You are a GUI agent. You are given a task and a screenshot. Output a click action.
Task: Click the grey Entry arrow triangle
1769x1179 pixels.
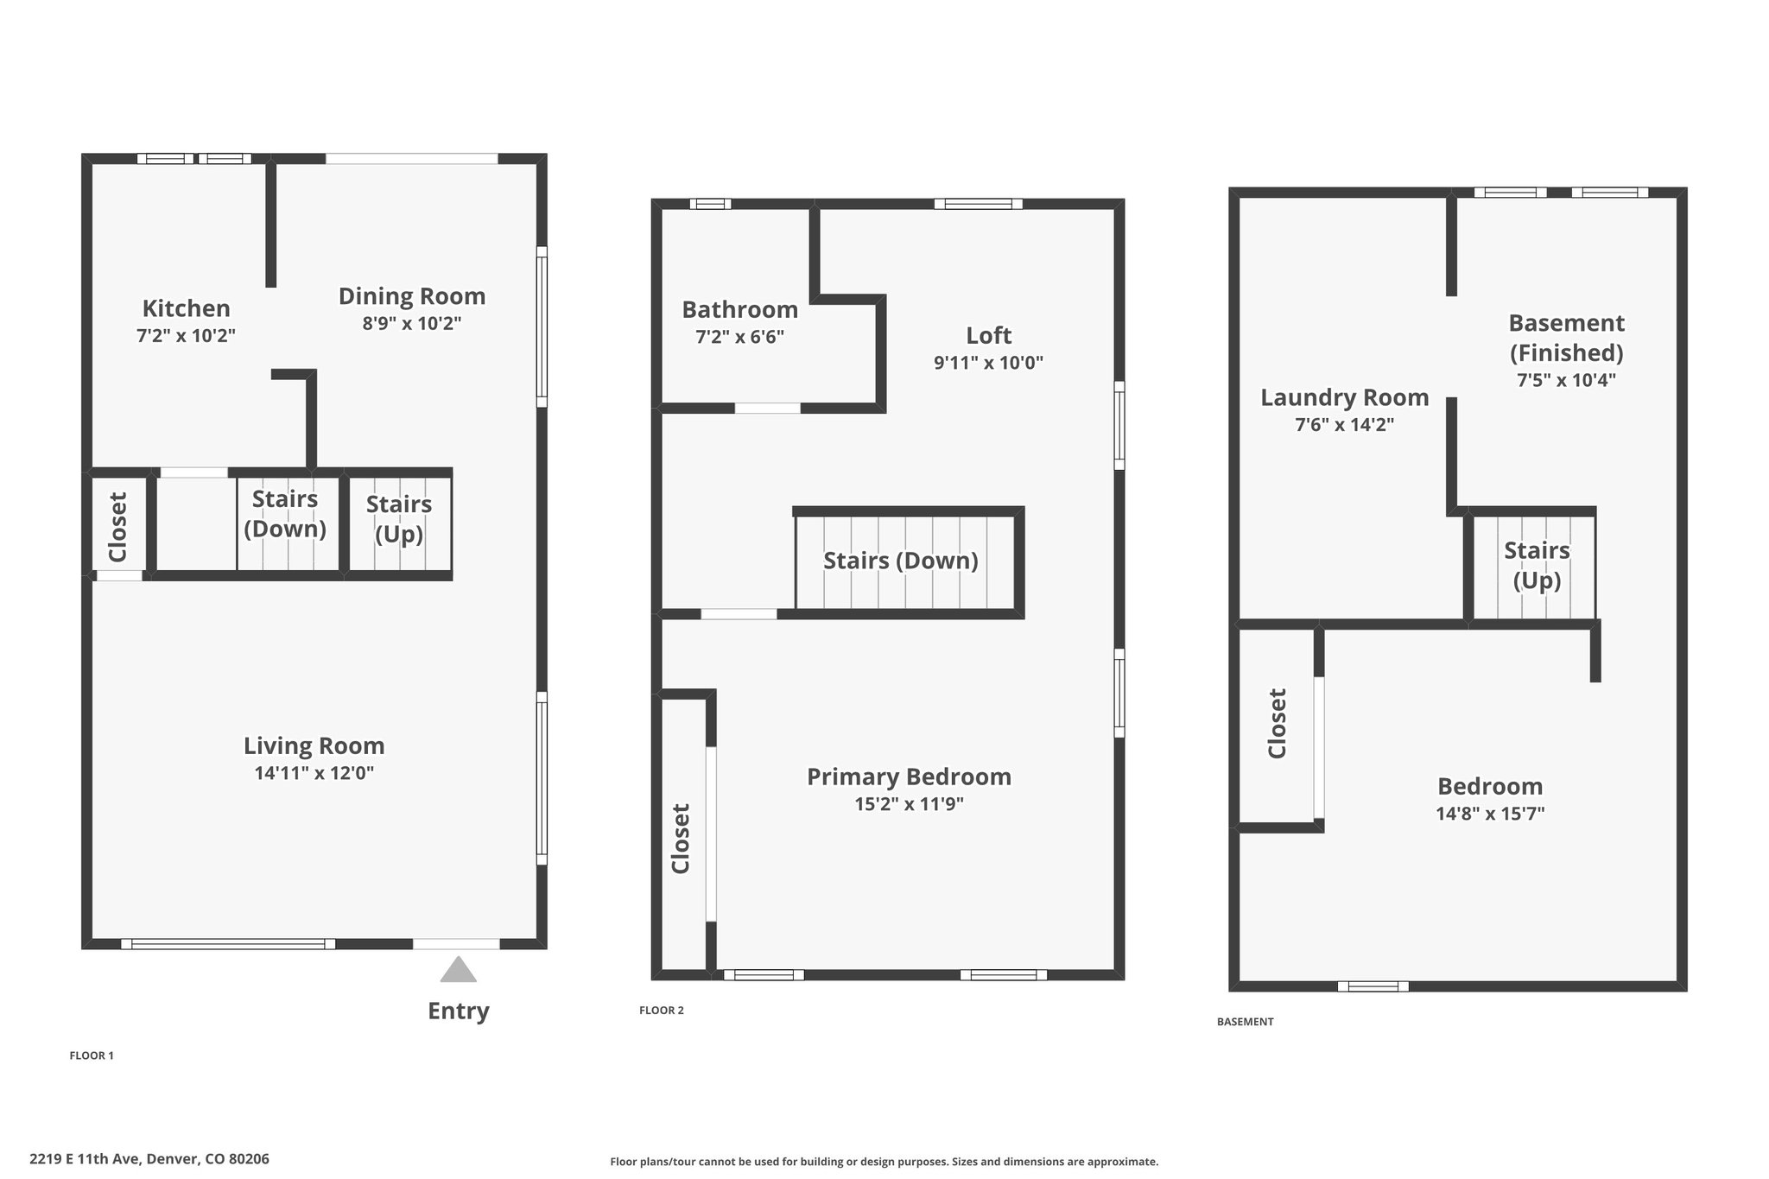(458, 970)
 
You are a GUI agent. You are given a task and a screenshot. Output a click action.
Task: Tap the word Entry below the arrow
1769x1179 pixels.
(459, 1011)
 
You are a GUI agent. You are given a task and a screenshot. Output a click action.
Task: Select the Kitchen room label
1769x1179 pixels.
(187, 308)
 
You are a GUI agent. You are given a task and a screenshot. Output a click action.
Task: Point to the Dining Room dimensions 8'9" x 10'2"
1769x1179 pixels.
(412, 324)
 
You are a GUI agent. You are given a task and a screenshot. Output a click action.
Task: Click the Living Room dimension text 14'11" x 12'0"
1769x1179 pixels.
(314, 773)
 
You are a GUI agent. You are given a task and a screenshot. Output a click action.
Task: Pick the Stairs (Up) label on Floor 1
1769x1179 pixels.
(399, 519)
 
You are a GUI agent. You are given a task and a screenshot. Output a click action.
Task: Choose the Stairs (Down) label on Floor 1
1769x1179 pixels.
(285, 514)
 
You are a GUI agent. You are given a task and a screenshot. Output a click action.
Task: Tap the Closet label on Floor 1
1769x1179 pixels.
(118, 527)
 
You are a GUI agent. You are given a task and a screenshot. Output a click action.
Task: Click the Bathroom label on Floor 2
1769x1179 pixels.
(740, 309)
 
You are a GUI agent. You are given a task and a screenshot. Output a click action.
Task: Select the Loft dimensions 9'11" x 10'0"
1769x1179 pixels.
(989, 363)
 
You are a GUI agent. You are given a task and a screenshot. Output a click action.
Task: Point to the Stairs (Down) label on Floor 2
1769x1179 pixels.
(901, 561)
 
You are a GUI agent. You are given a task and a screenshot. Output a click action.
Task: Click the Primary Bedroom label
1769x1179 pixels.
(910, 777)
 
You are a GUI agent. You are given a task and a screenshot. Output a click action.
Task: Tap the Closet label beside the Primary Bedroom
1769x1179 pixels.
(682, 839)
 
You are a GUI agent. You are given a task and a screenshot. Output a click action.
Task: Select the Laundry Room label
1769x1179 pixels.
(1345, 398)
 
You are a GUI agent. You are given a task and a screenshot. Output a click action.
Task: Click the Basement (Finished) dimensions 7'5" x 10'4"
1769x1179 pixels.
(1567, 380)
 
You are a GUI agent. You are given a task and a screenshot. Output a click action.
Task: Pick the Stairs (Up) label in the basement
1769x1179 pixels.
(1537, 566)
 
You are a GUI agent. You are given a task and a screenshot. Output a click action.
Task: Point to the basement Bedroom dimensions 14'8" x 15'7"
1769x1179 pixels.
(1491, 814)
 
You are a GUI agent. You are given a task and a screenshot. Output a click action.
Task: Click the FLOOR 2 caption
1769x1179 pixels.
(662, 1011)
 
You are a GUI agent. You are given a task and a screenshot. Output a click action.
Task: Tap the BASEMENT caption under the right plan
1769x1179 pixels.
(1246, 1022)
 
